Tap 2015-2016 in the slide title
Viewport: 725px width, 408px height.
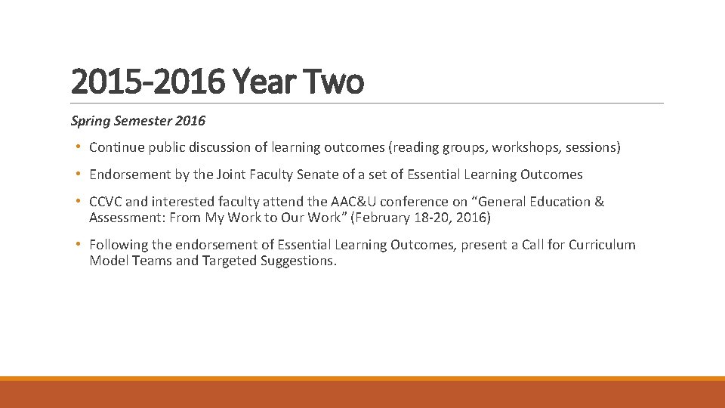(x=147, y=82)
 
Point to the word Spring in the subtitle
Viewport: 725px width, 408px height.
(x=89, y=121)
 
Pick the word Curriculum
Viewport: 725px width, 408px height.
(x=602, y=245)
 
